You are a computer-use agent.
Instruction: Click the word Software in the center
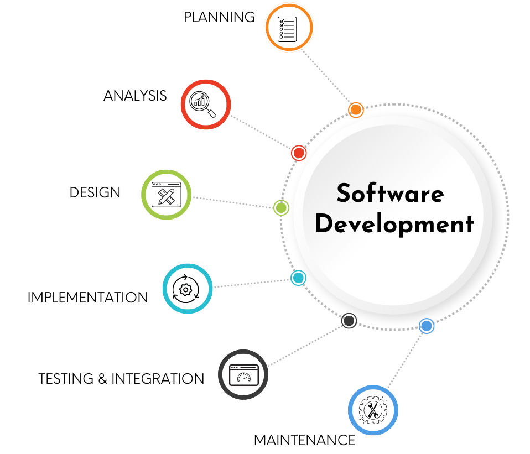[x=390, y=194]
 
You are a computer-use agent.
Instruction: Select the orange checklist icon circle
[x=289, y=27]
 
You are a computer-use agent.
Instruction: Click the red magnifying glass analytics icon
[x=206, y=105]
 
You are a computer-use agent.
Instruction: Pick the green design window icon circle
[x=167, y=194]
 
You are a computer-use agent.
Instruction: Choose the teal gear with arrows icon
[x=188, y=289]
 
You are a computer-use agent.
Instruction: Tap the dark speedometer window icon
[x=243, y=374]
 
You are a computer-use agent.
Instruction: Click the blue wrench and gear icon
[x=373, y=410]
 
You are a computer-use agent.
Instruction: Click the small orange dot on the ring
[x=356, y=110]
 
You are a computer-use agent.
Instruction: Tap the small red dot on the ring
[x=299, y=153]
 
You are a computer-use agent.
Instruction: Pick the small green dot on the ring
[x=281, y=208]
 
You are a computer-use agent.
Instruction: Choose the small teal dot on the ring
[x=298, y=278]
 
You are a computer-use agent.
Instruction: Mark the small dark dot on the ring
[x=349, y=320]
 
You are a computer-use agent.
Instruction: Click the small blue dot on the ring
[x=426, y=326]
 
